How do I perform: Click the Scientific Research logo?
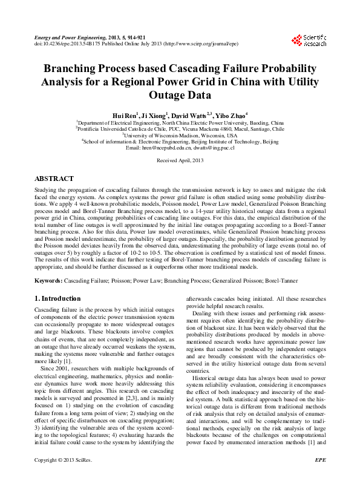point(309,41)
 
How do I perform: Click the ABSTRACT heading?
point(54,179)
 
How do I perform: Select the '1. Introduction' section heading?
point(57,298)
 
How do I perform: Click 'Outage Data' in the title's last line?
point(180,95)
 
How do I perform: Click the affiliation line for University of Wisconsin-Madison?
point(180,135)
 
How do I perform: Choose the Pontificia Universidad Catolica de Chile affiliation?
point(180,128)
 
